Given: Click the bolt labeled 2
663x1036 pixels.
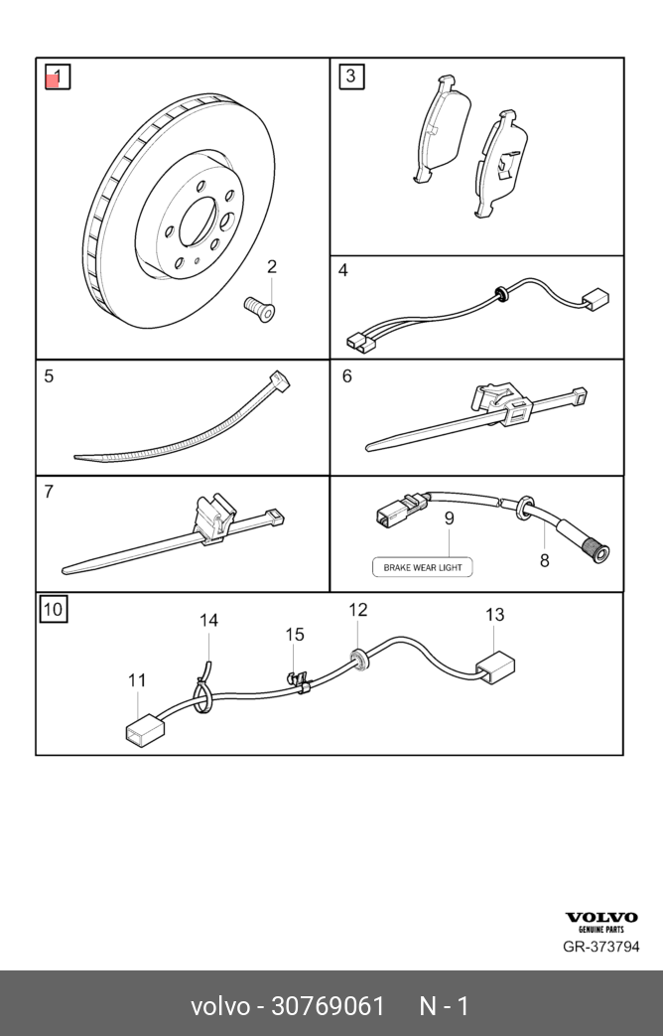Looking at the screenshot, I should (260, 307).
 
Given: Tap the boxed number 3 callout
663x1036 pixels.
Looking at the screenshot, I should (351, 76).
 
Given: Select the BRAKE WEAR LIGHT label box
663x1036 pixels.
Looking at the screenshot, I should (423, 567).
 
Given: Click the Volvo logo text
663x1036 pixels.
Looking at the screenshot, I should (601, 917).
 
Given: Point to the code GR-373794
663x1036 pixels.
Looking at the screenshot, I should (601, 947).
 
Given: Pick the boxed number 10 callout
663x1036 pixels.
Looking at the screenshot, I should (54, 609).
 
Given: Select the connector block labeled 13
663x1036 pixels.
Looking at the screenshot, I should (495, 666).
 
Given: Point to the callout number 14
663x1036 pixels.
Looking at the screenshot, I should (208, 621).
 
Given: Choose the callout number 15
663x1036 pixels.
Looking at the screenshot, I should (295, 635).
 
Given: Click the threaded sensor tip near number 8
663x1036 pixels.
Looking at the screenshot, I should (596, 548).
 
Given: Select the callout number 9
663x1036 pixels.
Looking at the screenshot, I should (449, 518).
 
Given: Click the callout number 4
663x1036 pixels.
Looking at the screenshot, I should (343, 270).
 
